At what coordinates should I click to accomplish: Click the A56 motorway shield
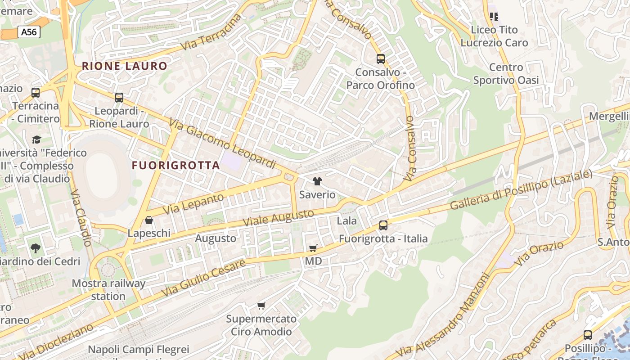click(29, 32)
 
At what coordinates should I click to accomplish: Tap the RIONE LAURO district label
click(124, 66)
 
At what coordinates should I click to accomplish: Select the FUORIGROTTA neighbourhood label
click(175, 165)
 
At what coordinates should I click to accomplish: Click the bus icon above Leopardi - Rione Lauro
click(119, 97)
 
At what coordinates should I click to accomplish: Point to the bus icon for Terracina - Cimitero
click(36, 93)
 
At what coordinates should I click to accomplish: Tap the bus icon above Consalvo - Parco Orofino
click(381, 58)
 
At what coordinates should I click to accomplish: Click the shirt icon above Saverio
click(317, 181)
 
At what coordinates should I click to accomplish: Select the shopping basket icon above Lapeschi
click(149, 220)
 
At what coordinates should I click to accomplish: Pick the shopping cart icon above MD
click(313, 248)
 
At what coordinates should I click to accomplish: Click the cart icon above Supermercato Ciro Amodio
click(261, 306)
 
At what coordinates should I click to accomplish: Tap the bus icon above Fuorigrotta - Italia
click(383, 225)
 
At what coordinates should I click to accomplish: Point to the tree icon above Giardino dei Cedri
click(36, 248)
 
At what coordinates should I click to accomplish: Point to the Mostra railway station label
click(108, 290)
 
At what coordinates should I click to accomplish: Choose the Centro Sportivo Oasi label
click(506, 74)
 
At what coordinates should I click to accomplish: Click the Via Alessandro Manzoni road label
click(444, 315)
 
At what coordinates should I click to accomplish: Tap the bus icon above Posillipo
click(588, 335)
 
